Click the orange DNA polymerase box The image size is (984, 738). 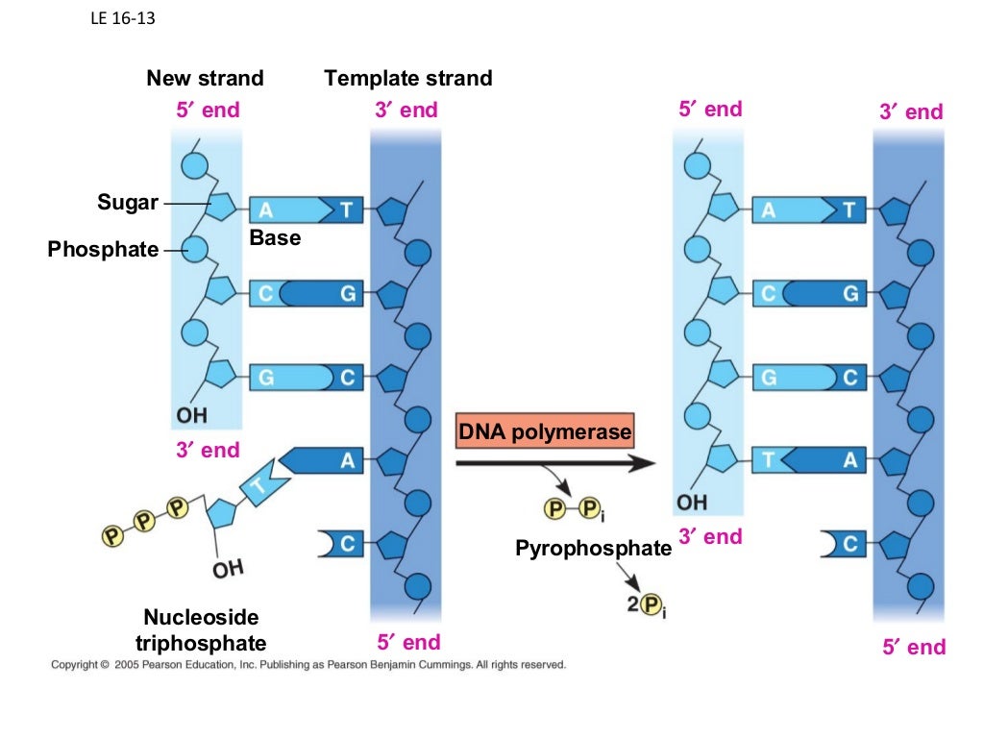pyautogui.click(x=545, y=432)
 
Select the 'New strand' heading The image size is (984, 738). pyautogui.click(x=205, y=78)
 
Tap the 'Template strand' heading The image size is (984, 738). pyautogui.click(x=408, y=78)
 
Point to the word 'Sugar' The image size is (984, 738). pyautogui.click(x=127, y=203)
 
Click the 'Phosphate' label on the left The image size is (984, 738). pyautogui.click(x=103, y=250)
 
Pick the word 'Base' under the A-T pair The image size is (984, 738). pyautogui.click(x=275, y=236)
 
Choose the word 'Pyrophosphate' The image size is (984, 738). pyautogui.click(x=593, y=549)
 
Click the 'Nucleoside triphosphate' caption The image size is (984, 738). pyautogui.click(x=201, y=629)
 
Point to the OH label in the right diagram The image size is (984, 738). pyautogui.click(x=691, y=503)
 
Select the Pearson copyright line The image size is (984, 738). pyautogui.click(x=308, y=664)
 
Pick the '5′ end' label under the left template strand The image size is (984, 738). pyautogui.click(x=408, y=642)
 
